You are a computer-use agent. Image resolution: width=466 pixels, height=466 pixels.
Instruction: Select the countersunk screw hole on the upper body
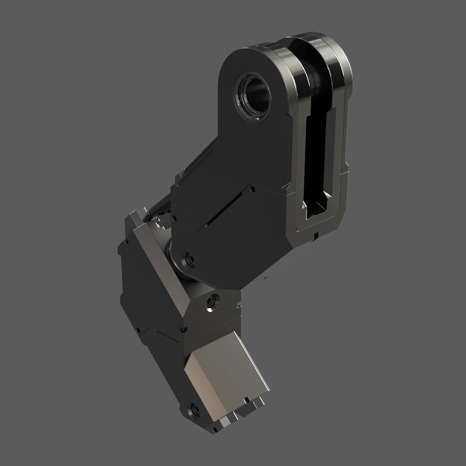(188, 259)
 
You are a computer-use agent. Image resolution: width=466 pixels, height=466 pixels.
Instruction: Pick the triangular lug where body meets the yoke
(287, 186)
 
